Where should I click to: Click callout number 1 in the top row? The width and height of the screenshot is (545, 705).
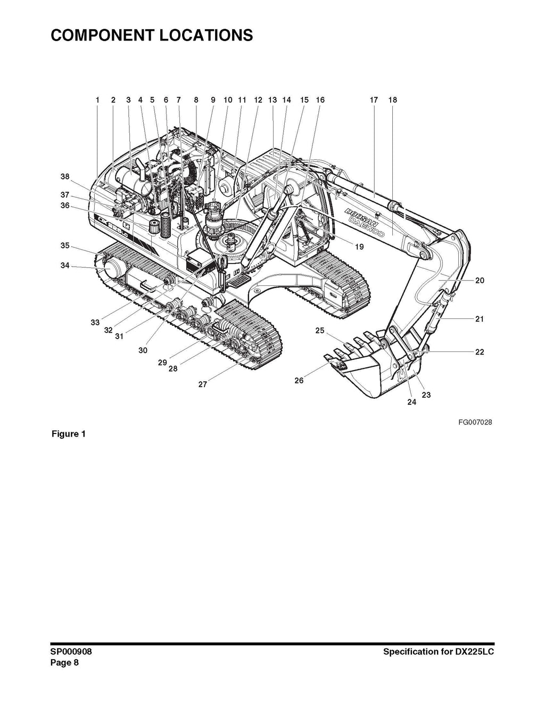click(x=98, y=100)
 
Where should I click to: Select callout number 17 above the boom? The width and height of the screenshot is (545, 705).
click(x=374, y=100)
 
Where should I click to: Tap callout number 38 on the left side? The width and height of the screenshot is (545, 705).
click(x=65, y=177)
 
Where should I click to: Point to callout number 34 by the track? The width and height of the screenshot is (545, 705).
click(x=65, y=265)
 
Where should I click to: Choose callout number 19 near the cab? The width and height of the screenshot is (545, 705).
click(x=359, y=247)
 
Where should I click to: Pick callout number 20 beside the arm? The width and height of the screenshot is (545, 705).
click(x=480, y=280)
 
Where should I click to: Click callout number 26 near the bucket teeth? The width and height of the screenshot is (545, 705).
click(x=299, y=380)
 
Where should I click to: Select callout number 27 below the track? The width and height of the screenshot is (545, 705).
click(x=203, y=384)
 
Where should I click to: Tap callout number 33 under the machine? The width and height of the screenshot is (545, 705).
click(x=95, y=322)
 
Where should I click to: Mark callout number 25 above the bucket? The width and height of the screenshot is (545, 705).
click(x=320, y=331)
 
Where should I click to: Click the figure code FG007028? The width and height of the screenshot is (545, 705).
click(x=475, y=422)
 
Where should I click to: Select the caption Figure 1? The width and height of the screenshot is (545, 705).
click(x=68, y=433)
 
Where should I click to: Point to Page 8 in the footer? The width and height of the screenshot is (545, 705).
click(x=64, y=663)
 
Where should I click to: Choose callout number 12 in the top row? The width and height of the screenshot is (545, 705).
click(x=259, y=100)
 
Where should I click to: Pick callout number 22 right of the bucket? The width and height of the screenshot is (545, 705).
click(x=480, y=352)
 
